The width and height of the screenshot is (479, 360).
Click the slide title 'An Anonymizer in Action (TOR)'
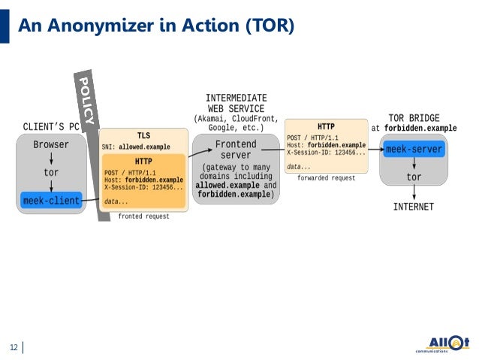coord(156,26)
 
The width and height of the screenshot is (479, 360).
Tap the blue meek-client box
coord(52,201)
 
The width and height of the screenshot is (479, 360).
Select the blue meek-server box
coord(414,149)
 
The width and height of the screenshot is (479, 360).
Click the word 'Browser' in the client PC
coord(51,144)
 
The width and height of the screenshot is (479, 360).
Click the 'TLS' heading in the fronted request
coord(143,136)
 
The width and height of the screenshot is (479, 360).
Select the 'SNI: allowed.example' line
coord(136,147)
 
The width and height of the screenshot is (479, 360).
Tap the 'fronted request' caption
coord(144,216)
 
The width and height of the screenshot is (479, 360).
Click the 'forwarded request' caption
coord(327,177)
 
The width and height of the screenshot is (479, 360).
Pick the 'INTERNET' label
coord(414,207)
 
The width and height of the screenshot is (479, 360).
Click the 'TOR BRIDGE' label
coord(414,118)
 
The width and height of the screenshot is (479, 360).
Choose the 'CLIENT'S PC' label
coord(51,126)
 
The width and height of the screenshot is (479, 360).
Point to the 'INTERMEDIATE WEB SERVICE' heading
coord(236,103)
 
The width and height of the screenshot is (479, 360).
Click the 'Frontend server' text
coord(236,150)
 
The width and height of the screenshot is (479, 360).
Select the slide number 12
coord(13,347)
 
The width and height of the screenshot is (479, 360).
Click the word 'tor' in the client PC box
coord(51,173)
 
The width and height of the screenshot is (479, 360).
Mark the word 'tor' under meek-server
coord(414,177)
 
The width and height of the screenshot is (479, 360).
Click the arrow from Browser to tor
coord(51,159)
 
